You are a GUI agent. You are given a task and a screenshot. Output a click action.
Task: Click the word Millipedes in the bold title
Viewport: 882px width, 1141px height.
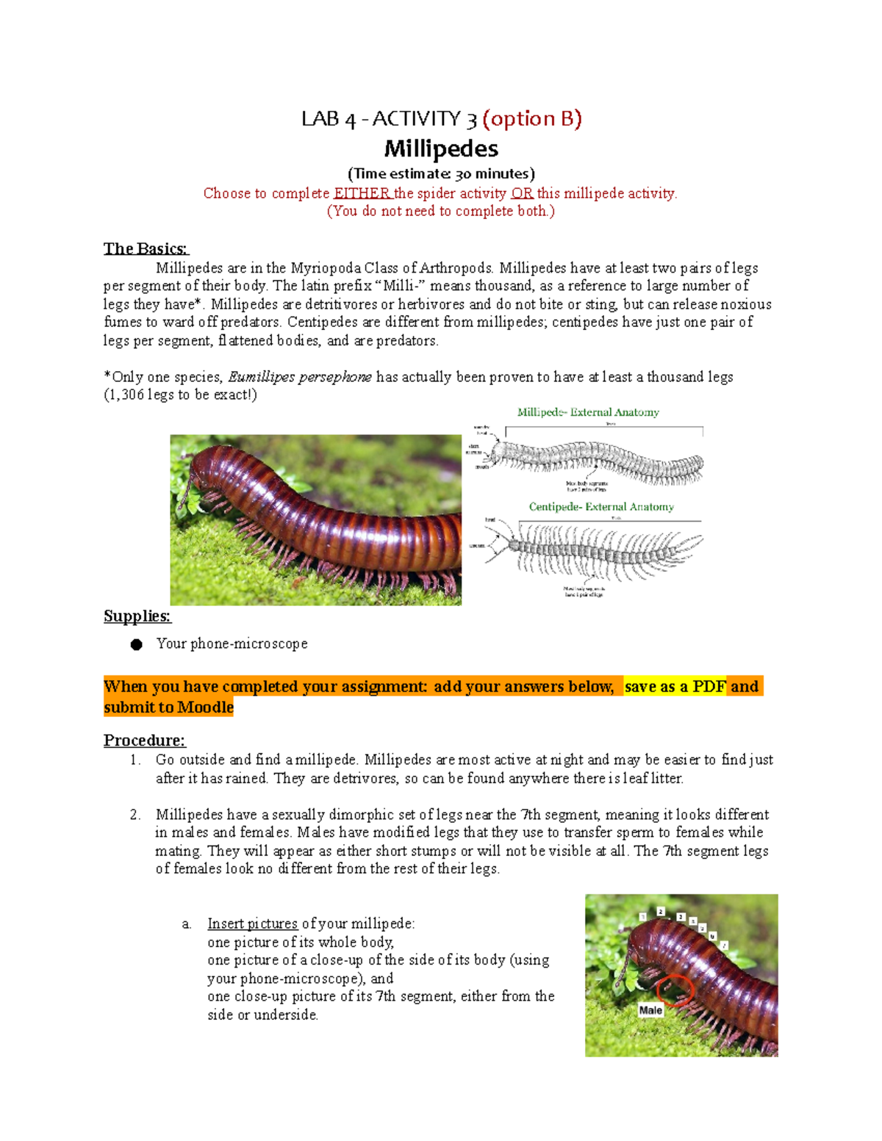coord(441,149)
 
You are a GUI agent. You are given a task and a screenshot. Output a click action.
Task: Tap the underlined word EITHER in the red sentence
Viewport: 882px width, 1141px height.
coord(362,193)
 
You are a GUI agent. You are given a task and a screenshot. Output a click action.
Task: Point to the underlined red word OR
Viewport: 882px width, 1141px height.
coord(522,193)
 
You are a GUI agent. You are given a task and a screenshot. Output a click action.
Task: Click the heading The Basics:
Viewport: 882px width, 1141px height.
coord(146,248)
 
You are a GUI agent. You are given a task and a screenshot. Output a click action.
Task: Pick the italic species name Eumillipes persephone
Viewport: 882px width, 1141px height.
coord(300,377)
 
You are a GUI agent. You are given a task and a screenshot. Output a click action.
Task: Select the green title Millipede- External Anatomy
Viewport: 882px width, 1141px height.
coord(588,412)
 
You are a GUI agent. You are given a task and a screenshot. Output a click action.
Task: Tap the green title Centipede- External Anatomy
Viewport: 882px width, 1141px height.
coord(601,507)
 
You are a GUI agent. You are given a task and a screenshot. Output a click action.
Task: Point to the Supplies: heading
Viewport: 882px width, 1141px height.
coord(137,616)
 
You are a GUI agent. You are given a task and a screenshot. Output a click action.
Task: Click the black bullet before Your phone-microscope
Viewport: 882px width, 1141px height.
coord(137,644)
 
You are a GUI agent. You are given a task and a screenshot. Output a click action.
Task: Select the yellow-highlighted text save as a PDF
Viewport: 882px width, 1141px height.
coord(675,686)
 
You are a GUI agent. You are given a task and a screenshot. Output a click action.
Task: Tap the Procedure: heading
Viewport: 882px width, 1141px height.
coord(144,740)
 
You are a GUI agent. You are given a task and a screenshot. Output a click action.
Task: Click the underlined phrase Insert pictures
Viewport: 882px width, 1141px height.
coord(252,924)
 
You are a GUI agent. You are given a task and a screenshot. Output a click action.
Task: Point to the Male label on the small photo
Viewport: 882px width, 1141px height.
coord(650,1010)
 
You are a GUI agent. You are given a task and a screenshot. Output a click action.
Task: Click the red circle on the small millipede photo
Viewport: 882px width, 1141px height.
coord(675,990)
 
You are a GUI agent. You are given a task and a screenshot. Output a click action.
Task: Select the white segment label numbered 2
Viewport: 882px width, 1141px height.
coord(661,912)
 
